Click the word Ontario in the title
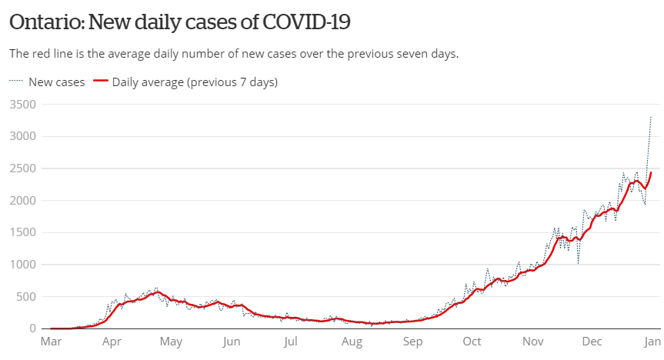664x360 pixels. (x=46, y=22)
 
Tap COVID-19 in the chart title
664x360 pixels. (x=306, y=22)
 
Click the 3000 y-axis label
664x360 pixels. (x=22, y=136)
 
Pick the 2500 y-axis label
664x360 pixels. (x=22, y=168)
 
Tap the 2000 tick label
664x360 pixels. (x=22, y=200)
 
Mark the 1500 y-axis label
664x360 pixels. (x=22, y=232)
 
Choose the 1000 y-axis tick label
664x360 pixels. (x=22, y=265)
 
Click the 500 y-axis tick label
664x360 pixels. (x=25, y=296)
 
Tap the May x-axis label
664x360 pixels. (x=171, y=342)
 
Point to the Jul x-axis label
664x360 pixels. (x=290, y=342)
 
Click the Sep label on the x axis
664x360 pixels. (x=412, y=342)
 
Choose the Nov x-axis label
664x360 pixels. (x=532, y=342)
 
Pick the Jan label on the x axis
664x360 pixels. (x=652, y=342)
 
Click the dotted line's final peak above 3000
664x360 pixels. (x=651, y=117)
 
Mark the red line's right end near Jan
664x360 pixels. (x=651, y=172)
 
